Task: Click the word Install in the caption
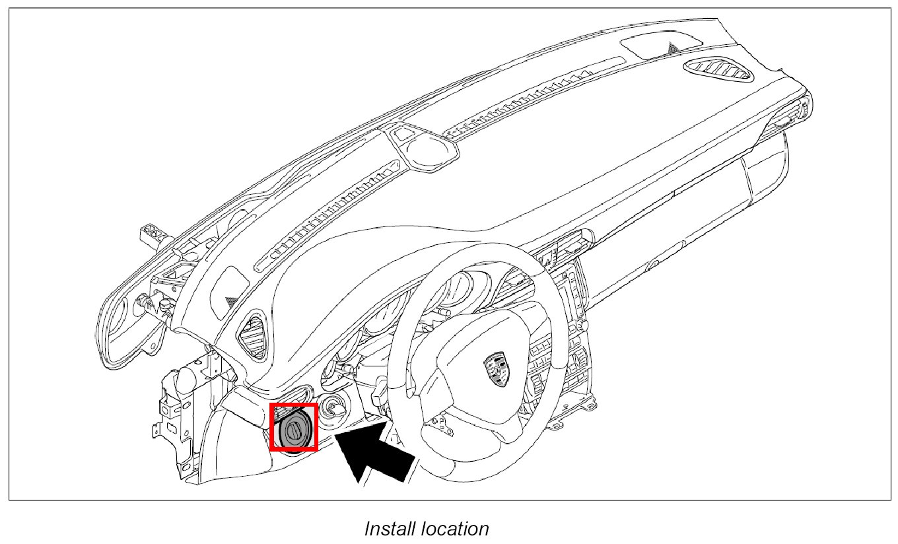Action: tap(388, 529)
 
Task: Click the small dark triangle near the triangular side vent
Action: tap(230, 300)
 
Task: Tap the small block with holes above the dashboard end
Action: tap(153, 233)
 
